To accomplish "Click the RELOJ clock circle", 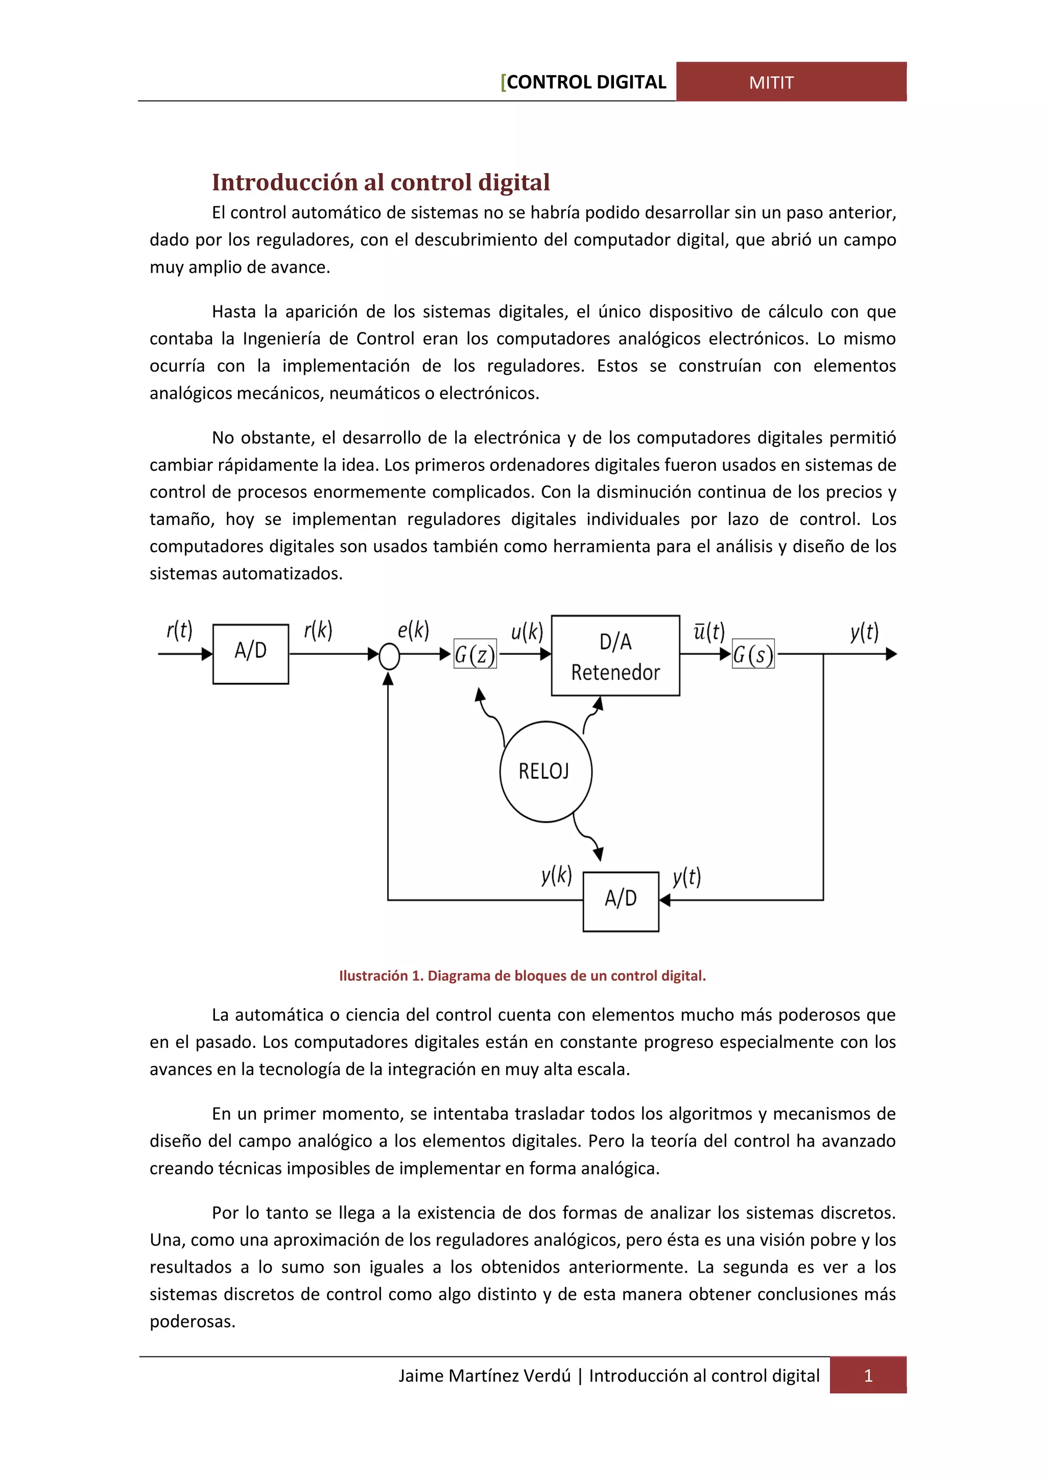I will pyautogui.click(x=545, y=771).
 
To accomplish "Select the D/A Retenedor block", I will pyautogui.click(x=615, y=656).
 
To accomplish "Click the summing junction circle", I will pyautogui.click(x=389, y=656).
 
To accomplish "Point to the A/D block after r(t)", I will pyautogui.click(x=251, y=653).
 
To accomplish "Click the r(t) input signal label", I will pyautogui.click(x=179, y=630).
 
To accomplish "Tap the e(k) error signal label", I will pyautogui.click(x=413, y=630).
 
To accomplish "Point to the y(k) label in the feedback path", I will pyautogui.click(x=557, y=875).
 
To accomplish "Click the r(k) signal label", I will pyautogui.click(x=318, y=630).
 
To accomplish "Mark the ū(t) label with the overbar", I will pyautogui.click(x=708, y=631).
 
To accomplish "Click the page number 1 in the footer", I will pyautogui.click(x=868, y=1375).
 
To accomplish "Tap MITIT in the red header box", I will pyautogui.click(x=771, y=82).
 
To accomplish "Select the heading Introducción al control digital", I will pyautogui.click(x=381, y=182).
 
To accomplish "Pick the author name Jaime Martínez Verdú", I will pyautogui.click(x=484, y=1375).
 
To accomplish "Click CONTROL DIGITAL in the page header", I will pyautogui.click(x=586, y=82).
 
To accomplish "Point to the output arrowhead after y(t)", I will pyautogui.click(x=891, y=654).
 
